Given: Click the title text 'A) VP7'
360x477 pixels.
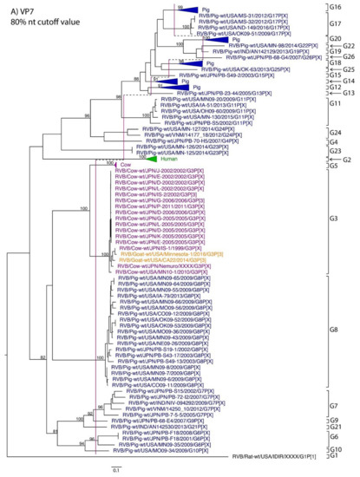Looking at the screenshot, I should tap(18, 6).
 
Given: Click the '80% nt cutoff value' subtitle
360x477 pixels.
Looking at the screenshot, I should tap(36, 17).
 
